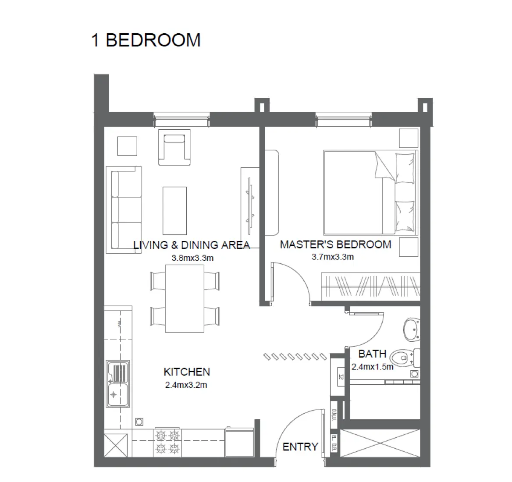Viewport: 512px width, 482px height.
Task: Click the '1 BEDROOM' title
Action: (x=146, y=40)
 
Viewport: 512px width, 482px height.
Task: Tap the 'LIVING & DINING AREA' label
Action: (x=192, y=245)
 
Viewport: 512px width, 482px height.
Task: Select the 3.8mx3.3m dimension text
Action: (x=192, y=258)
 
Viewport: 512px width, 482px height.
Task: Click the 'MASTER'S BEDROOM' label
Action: (x=335, y=245)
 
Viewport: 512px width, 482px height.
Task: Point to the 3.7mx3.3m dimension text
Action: (x=333, y=257)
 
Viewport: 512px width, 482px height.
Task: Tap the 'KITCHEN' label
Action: (x=187, y=372)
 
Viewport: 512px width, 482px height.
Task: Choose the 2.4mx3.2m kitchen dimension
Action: (x=186, y=385)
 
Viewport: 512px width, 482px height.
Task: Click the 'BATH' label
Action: (x=372, y=354)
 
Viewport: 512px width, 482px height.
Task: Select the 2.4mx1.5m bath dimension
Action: (x=372, y=367)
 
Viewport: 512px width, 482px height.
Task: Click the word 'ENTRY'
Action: (x=300, y=447)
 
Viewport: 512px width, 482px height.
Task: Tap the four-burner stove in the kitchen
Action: (x=167, y=441)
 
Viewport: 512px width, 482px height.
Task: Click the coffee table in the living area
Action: (x=174, y=211)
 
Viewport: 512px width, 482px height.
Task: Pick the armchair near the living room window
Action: (x=174, y=149)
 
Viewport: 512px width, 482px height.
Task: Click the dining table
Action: (x=184, y=298)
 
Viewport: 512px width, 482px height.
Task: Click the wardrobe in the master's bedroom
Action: (x=370, y=287)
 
